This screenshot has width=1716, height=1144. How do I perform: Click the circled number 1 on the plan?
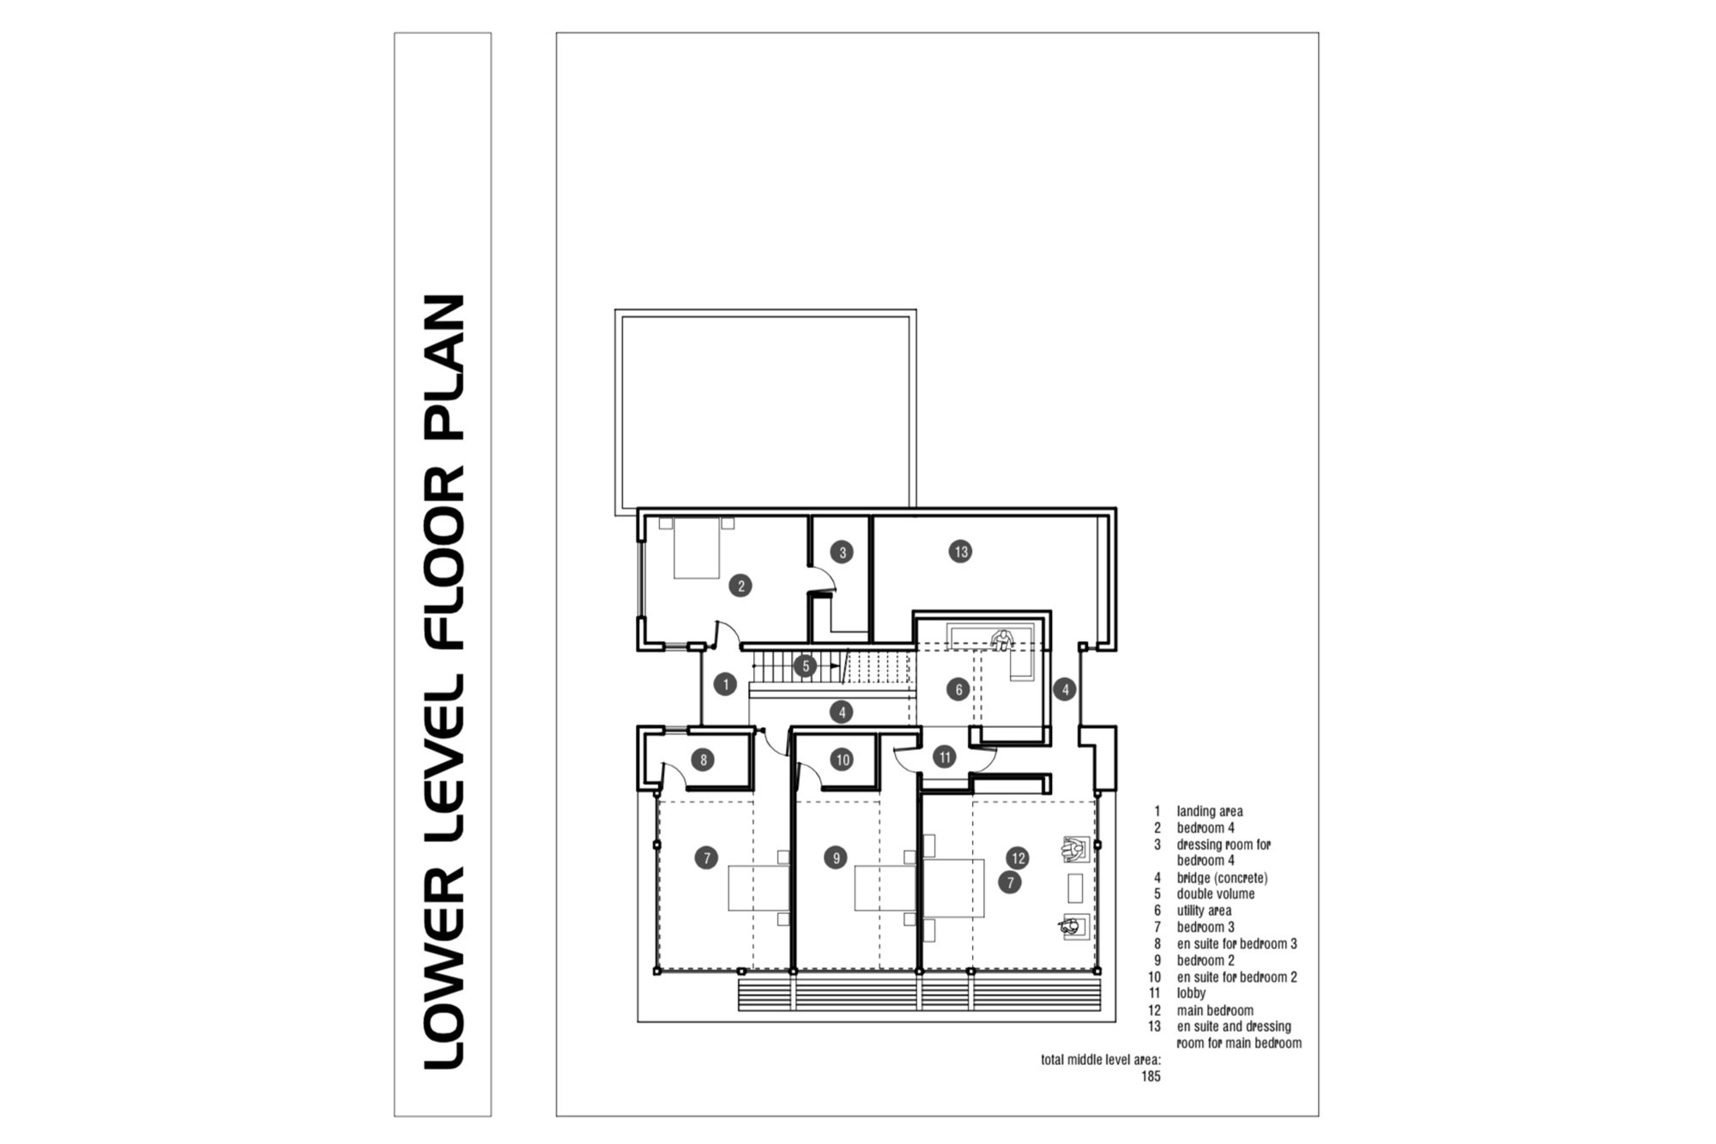[726, 684]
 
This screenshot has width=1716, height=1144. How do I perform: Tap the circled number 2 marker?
[740, 586]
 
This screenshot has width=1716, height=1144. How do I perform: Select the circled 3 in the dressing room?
[843, 553]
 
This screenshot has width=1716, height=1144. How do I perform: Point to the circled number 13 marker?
[961, 552]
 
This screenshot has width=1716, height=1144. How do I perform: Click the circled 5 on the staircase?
[805, 666]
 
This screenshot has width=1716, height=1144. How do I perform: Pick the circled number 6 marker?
[958, 689]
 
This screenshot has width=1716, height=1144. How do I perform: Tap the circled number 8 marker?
[703, 760]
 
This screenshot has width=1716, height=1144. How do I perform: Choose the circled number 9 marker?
[835, 857]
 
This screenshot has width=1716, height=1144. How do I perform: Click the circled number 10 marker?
[843, 760]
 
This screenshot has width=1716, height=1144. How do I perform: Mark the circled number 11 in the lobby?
[945, 757]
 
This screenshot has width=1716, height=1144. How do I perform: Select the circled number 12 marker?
[1018, 857]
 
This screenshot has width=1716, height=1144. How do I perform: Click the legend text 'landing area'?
[1210, 811]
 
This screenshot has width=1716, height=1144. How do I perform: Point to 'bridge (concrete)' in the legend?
[1222, 878]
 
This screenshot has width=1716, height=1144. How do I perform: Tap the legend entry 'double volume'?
[1216, 894]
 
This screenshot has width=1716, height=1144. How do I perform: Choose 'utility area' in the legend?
[1204, 911]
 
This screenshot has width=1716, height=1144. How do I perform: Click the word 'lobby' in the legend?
[1191, 993]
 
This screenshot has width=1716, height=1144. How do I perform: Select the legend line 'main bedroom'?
[1215, 1010]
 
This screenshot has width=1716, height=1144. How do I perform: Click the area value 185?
[1151, 1076]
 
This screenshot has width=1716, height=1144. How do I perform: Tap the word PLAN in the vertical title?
[445, 367]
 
